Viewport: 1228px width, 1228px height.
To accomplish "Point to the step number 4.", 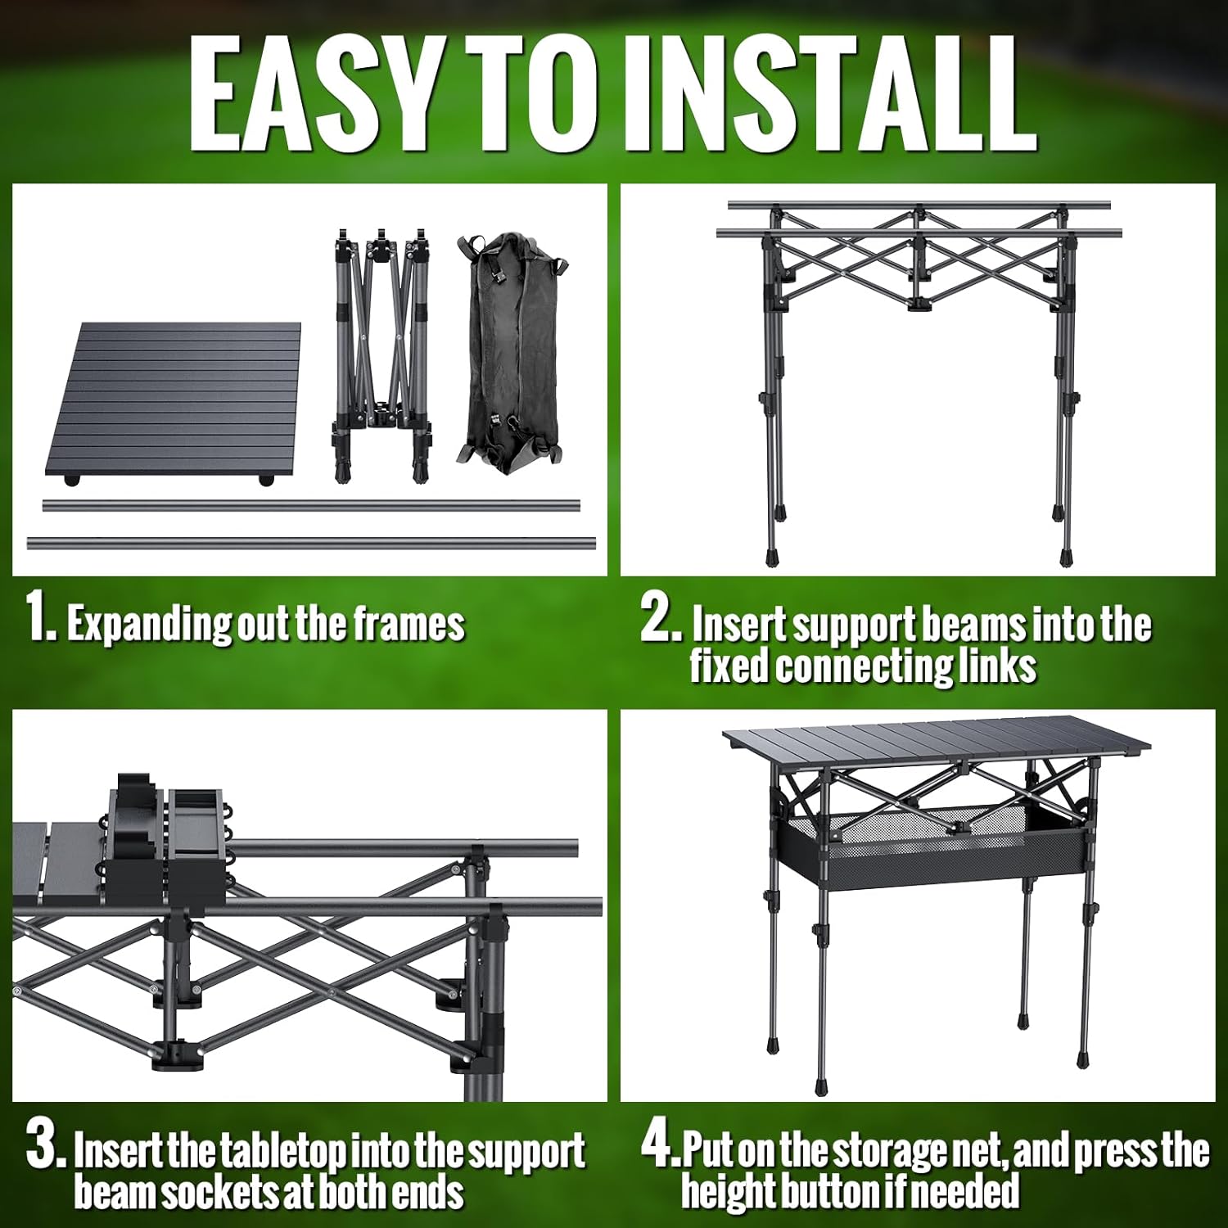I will click(x=657, y=1146).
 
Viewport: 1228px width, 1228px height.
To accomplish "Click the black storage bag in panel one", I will click(x=509, y=354).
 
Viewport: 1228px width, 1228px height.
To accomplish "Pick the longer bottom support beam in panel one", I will click(x=311, y=543).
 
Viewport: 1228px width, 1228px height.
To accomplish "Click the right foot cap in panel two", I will click(x=1065, y=559).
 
